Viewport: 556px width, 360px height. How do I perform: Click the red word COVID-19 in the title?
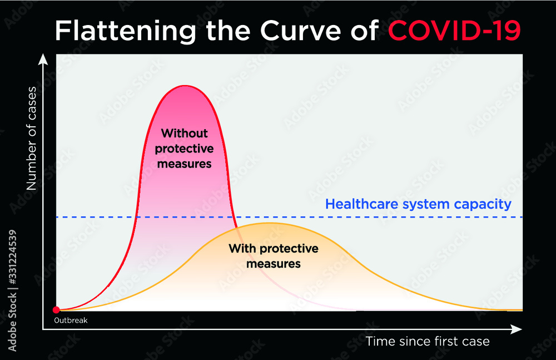454,31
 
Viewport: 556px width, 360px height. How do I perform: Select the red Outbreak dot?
56,310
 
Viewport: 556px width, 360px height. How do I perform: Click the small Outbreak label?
71,320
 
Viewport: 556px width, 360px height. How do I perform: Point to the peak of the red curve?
185,86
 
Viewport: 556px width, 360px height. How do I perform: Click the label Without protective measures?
184,149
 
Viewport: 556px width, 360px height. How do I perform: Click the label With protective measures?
273,255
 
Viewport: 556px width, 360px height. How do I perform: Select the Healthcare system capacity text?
418,204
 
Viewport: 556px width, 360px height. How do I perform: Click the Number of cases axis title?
32,138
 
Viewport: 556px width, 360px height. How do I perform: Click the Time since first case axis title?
427,341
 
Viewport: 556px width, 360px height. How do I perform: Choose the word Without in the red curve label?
184,134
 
